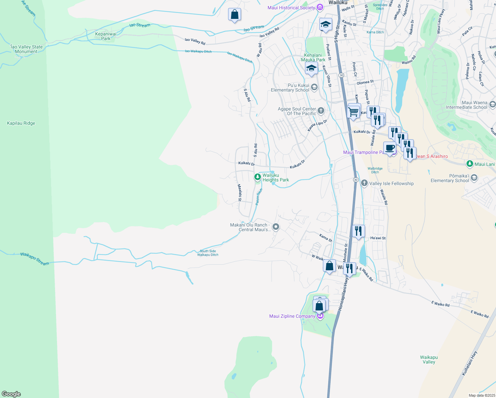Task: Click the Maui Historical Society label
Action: pyautogui.click(x=291, y=8)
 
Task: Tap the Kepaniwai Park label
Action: pyautogui.click(x=106, y=36)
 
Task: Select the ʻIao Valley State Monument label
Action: pyautogui.click(x=26, y=49)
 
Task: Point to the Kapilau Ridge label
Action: pyautogui.click(x=21, y=123)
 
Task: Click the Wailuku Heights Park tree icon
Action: pyautogui.click(x=257, y=177)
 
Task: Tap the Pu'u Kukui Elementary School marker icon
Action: pyautogui.click(x=314, y=87)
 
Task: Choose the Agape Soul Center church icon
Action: pyautogui.click(x=321, y=110)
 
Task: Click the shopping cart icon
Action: pyautogui.click(x=353, y=111)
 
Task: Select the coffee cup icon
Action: pyautogui.click(x=390, y=148)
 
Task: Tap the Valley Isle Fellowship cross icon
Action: pyautogui.click(x=364, y=183)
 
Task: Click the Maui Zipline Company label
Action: pyautogui.click(x=292, y=316)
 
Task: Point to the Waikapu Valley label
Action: pyautogui.click(x=429, y=360)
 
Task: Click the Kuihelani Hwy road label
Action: pyautogui.click(x=469, y=363)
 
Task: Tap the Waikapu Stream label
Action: pyautogui.click(x=34, y=259)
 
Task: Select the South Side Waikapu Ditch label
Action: pyautogui.click(x=208, y=253)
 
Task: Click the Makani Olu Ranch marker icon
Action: pyautogui.click(x=276, y=227)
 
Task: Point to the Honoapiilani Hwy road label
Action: pyautogui.click(x=343, y=294)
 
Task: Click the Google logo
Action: pyautogui.click(x=11, y=394)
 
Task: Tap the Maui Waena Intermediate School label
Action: pyautogui.click(x=466, y=105)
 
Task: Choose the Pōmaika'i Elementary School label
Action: pyautogui.click(x=450, y=178)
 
